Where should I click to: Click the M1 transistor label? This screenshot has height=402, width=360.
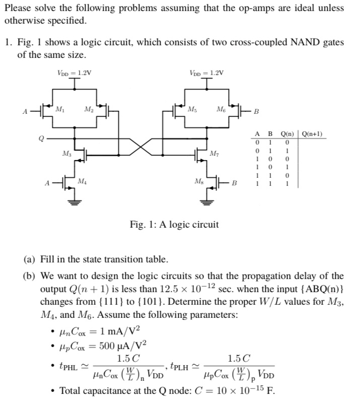(x=59, y=109)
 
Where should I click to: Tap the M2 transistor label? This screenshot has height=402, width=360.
(x=88, y=109)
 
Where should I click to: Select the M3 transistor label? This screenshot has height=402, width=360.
(x=66, y=153)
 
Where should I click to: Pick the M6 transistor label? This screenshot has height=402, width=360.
(x=221, y=109)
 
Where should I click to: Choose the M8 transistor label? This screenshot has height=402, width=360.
(x=199, y=181)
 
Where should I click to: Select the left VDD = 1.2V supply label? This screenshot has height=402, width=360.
(x=75, y=73)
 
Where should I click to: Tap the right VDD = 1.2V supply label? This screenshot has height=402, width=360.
(x=207, y=73)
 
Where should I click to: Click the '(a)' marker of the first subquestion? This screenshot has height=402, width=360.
(x=30, y=260)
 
